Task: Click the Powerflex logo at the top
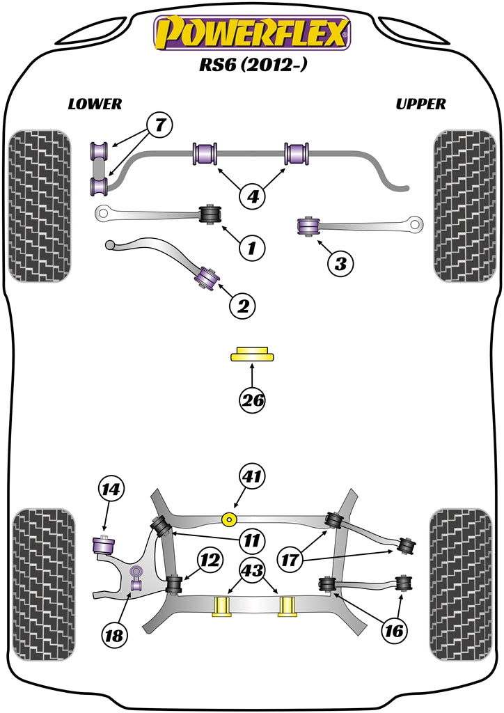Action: point(252,33)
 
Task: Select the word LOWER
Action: point(95,104)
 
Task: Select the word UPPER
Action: point(420,104)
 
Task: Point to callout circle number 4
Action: point(253,196)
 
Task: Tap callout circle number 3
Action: point(340,263)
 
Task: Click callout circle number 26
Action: point(252,400)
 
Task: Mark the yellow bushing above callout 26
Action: point(252,354)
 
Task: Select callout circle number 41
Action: point(251,477)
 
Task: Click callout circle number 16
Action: point(394,630)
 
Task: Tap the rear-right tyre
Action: point(463,584)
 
